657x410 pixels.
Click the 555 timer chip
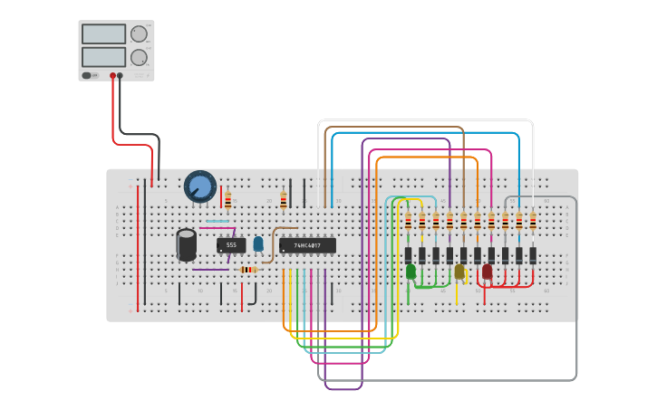231,245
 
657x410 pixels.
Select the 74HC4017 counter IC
307,245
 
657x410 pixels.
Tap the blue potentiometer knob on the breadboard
200,187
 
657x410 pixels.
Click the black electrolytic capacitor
186,244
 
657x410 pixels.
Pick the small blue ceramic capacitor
258,243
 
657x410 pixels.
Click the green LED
411,272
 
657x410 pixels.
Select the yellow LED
459,272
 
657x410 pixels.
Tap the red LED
487,272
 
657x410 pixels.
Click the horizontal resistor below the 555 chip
247,269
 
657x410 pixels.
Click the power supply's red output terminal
113,76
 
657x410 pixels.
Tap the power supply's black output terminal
121,76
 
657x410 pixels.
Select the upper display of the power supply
104,34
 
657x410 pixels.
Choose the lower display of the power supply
104,56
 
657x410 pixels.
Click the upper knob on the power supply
139,34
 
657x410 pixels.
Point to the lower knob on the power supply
139,57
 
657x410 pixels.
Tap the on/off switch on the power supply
88,76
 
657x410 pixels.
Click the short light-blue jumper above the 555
217,221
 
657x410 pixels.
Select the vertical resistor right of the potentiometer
227,200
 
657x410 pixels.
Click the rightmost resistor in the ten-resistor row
533,221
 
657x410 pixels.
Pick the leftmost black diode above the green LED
408,255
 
